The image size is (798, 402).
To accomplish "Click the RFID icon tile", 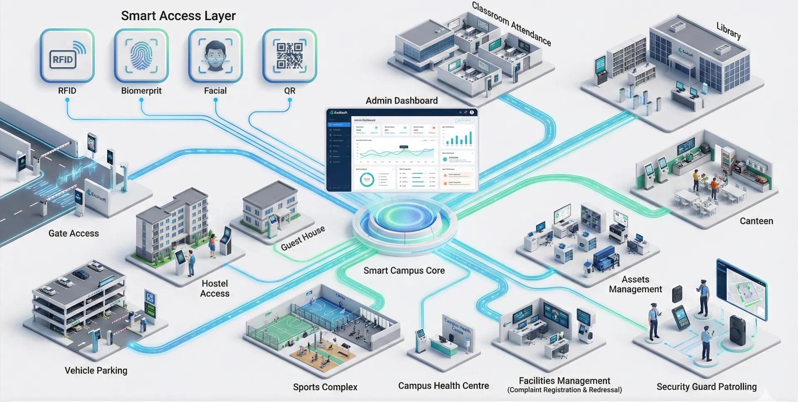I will pos(67,56).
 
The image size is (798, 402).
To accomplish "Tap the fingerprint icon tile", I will pos(141,56).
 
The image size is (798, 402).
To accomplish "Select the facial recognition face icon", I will pos(215,56).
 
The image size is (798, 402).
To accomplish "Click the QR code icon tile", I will pos(289,56).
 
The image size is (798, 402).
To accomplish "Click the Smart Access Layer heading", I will pos(178,16).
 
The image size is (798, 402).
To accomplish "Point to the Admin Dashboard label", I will pos(401,101).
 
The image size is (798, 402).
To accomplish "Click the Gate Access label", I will pos(74,233).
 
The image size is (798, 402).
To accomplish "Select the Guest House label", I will pos(303,238).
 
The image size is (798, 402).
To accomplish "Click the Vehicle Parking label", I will pos(96,370).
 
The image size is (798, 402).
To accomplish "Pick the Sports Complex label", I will pos(325,387).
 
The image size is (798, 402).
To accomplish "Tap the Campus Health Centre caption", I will pos(443,386).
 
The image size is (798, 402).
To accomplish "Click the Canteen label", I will pos(756,221).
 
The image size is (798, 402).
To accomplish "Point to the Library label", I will pos(728,31).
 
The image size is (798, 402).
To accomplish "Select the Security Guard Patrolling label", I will pos(707,387).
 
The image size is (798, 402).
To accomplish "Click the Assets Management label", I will pos(635,284).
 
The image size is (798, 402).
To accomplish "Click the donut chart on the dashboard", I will pos(367,179).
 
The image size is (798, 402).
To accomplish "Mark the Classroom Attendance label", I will pos(511,24).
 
